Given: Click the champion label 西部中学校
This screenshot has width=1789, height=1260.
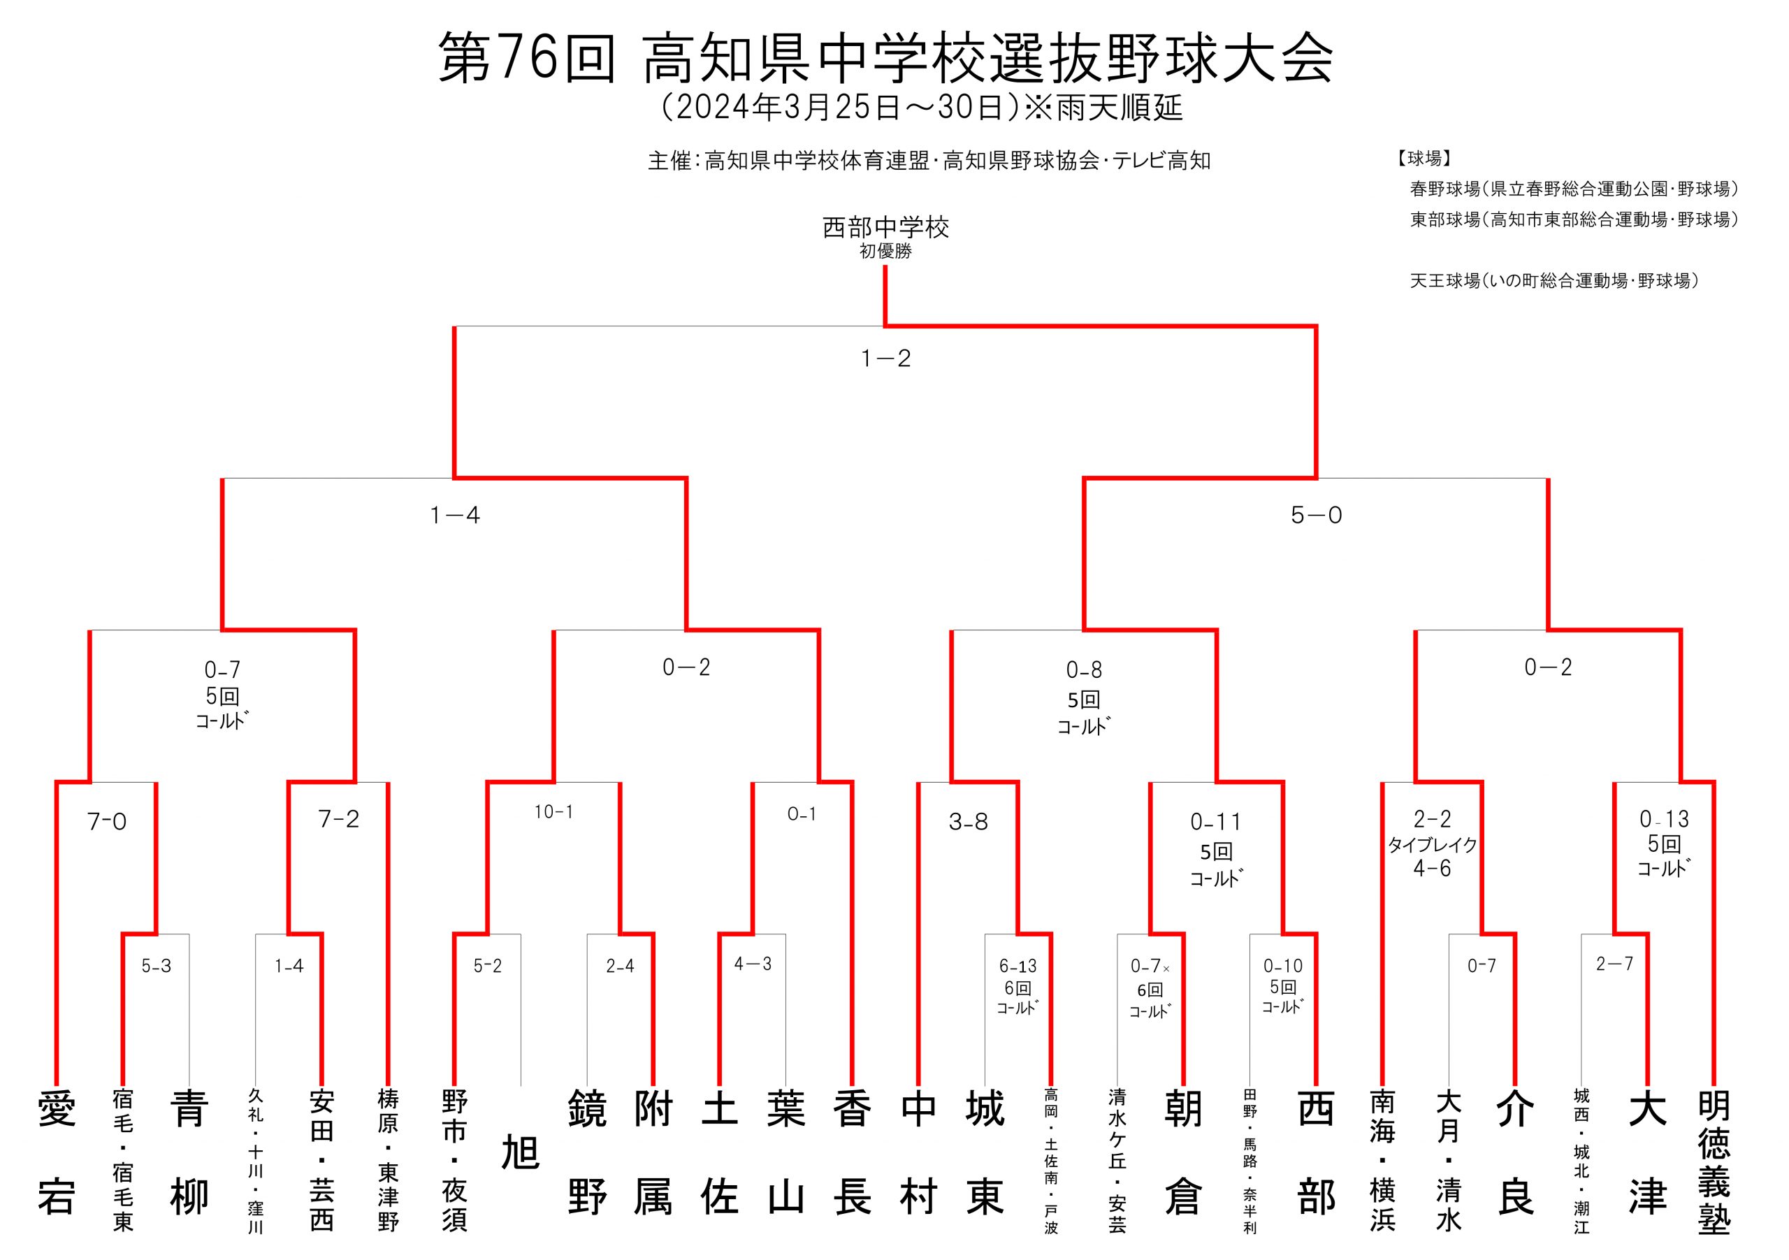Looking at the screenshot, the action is pyautogui.click(x=886, y=228).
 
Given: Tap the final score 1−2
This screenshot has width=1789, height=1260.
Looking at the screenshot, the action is pyautogui.click(x=886, y=359).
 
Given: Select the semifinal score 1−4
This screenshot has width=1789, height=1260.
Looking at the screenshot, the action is pyautogui.click(x=455, y=515).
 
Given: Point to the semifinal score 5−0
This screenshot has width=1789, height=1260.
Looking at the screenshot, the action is pyautogui.click(x=1316, y=515).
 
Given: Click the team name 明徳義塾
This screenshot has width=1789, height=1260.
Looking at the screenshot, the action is pyautogui.click(x=1714, y=1162).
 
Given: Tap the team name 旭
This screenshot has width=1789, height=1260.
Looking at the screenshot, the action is pyautogui.click(x=521, y=1152).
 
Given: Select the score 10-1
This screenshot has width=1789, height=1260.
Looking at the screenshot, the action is pyautogui.click(x=553, y=812).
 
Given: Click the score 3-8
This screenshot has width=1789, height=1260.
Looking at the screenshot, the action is pyautogui.click(x=969, y=821).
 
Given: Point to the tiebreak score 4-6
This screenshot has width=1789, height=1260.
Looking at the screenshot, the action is pyautogui.click(x=1432, y=868).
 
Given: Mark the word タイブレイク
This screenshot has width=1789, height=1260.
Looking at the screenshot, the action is pyautogui.click(x=1432, y=845).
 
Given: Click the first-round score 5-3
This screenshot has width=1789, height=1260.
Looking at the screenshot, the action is pyautogui.click(x=156, y=966).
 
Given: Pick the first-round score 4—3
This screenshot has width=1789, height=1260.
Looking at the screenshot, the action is pyautogui.click(x=753, y=964).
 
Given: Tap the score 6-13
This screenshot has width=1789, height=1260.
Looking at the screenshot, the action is pyautogui.click(x=1018, y=966).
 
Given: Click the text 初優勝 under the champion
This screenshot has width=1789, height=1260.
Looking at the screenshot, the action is pyautogui.click(x=886, y=252).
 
